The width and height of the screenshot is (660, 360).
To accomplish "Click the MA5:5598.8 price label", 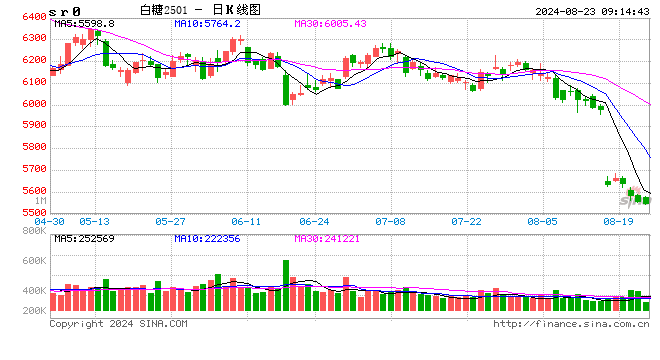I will point(85,23).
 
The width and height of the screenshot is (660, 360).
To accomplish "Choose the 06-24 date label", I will point(314,221).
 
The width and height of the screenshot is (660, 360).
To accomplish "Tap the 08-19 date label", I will point(620,221).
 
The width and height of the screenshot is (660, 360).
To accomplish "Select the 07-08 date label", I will point(390,221).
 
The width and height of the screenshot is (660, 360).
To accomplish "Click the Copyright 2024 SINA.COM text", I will point(118,323).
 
